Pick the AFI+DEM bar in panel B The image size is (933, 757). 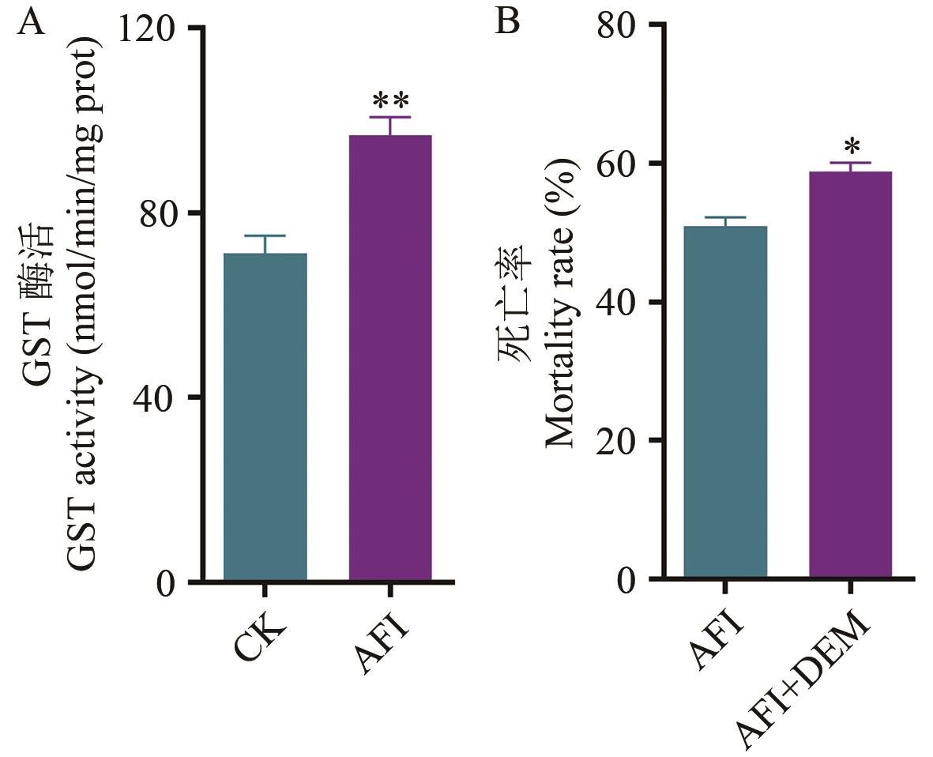(850, 375)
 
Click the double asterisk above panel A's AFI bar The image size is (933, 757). (390, 102)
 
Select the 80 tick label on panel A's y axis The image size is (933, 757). (162, 213)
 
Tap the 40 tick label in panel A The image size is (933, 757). (162, 397)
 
